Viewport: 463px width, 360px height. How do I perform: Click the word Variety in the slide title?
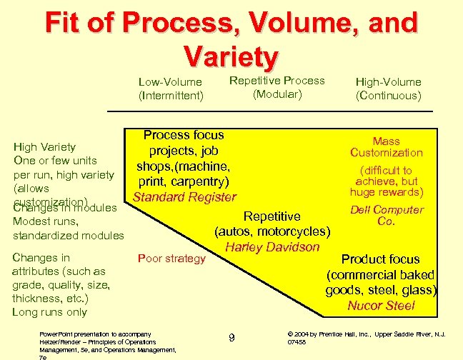click(x=230, y=56)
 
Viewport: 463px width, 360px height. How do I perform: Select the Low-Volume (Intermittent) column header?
click(x=170, y=89)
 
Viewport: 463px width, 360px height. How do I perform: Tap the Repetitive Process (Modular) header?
click(x=277, y=87)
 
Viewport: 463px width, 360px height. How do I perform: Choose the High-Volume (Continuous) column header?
click(x=388, y=89)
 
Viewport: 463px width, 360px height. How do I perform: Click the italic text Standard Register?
click(x=184, y=197)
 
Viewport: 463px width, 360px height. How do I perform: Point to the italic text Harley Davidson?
click(x=272, y=247)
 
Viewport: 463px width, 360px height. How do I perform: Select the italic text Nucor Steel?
click(x=381, y=306)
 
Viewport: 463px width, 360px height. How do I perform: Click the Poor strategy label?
click(x=171, y=259)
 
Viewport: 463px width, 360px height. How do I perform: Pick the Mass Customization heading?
click(x=387, y=147)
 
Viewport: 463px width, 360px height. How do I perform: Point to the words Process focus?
click(x=184, y=135)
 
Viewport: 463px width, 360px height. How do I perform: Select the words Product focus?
click(x=380, y=259)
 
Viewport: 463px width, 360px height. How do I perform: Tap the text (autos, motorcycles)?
click(x=272, y=231)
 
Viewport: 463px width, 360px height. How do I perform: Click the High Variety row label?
click(x=44, y=148)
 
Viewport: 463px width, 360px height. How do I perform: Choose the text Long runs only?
click(x=49, y=312)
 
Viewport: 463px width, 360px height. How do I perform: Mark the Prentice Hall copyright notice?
click(x=366, y=337)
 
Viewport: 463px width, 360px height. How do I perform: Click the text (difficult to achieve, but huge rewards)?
click(x=387, y=181)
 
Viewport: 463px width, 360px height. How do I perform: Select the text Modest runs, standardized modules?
click(x=68, y=229)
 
